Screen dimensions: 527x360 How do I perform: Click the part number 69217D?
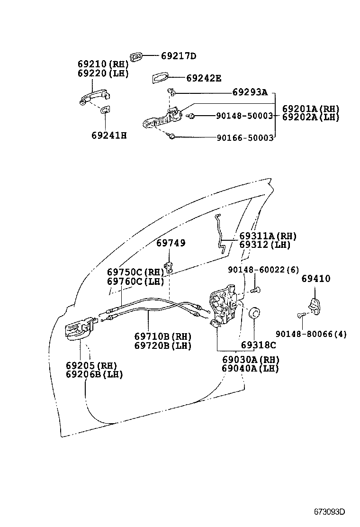click(x=178, y=56)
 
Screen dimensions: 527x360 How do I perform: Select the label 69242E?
click(x=203, y=78)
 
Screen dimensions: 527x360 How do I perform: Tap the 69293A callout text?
click(x=250, y=92)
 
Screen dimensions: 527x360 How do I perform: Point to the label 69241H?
click(x=109, y=136)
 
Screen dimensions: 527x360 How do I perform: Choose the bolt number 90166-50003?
click(x=245, y=137)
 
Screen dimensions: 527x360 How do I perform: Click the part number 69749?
click(x=171, y=243)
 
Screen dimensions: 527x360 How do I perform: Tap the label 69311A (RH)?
click(x=268, y=236)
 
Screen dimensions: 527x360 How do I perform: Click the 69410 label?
click(x=316, y=279)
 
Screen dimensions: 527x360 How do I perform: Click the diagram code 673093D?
click(x=329, y=512)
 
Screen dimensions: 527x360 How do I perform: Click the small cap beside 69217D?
click(x=136, y=57)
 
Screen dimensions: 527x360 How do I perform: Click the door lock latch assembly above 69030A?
click(x=223, y=306)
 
